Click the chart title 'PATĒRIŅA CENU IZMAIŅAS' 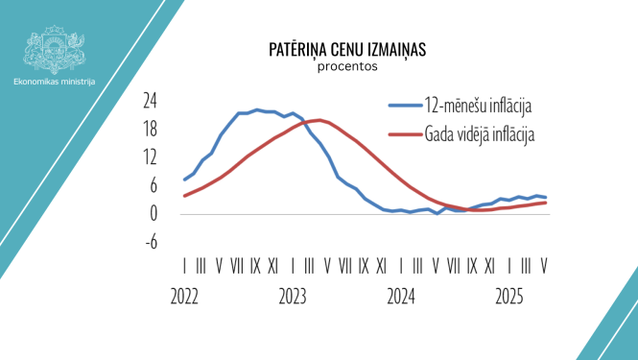[x=333, y=49]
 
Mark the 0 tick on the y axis [x=154, y=214]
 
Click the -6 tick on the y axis [x=151, y=243]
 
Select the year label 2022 [x=185, y=298]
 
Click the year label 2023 [x=294, y=298]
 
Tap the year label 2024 [x=402, y=298]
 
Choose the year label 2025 [x=510, y=298]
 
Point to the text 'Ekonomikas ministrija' [x=54, y=82]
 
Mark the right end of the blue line [x=546, y=197]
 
